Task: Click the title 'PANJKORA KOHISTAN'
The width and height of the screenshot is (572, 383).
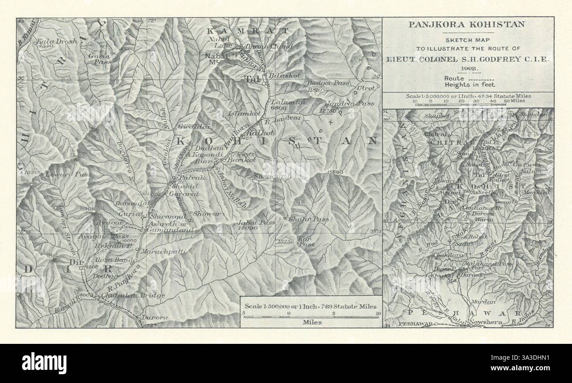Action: pos(466,24)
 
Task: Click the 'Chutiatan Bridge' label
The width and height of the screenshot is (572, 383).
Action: pos(133,295)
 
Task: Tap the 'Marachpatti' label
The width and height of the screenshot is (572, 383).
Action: pos(164,252)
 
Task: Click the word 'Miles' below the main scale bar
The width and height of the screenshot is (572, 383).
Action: pos(312,322)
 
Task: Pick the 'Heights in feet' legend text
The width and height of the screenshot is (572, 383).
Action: pos(469,84)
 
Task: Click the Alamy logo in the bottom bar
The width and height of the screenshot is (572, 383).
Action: pos(44,363)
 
